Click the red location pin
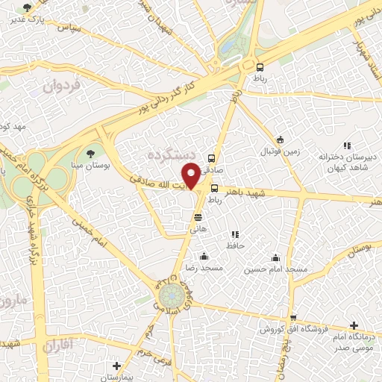[x=192, y=175]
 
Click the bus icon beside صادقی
[x=213, y=158]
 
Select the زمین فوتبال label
[x=279, y=151]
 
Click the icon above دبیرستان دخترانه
[x=346, y=145]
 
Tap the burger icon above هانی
[x=198, y=217]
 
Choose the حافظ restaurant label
[x=235, y=244]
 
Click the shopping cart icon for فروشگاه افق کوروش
[x=293, y=318]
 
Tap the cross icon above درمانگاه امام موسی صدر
[x=354, y=326]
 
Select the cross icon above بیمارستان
[x=116, y=366]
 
